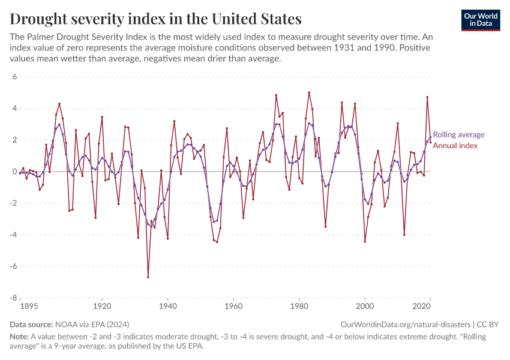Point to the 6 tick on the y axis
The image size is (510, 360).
coord(14,77)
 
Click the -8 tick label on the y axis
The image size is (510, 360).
coord(13,298)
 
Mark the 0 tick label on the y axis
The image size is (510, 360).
coord(14,172)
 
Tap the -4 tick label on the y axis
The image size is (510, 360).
coord(13,235)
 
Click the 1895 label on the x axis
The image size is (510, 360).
coord(29,306)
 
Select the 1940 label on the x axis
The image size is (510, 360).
coord(167,306)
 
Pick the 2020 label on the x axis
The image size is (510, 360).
coord(423,306)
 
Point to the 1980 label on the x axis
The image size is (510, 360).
coord(299,306)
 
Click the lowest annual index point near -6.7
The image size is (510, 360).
coord(148,277)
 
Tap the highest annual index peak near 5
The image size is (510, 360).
coord(309,92)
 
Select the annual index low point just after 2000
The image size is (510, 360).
coord(365,242)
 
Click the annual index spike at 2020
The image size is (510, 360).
coord(427,97)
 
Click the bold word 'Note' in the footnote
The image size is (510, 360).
coord(20,337)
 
